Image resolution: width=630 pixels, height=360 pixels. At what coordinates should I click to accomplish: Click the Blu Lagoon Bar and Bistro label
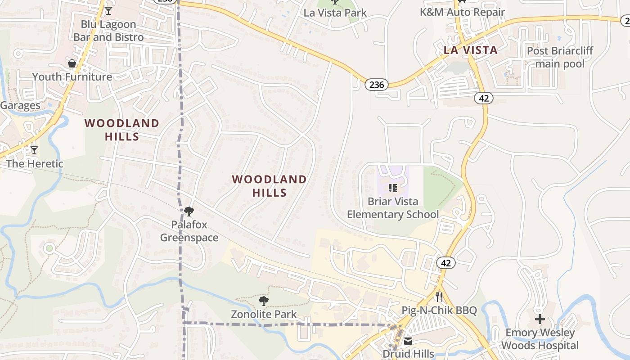point(108,31)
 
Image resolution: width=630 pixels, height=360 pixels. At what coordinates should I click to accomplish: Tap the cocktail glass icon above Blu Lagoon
point(108,10)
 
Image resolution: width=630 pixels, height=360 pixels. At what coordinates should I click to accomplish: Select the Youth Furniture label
point(72,76)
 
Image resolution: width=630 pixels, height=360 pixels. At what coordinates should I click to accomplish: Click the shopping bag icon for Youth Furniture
point(72,63)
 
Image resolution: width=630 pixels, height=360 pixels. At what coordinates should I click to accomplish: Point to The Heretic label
point(35,163)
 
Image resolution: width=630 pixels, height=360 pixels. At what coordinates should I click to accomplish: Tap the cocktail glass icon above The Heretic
point(34,150)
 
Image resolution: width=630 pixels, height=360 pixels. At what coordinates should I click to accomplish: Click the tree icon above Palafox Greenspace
point(189,211)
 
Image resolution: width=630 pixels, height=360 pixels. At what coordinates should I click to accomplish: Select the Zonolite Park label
point(264,314)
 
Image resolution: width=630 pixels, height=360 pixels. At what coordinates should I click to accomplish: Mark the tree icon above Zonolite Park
point(264,301)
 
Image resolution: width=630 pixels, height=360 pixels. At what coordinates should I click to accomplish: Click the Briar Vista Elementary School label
point(393,208)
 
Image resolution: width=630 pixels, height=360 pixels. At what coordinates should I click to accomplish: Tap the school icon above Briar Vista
point(393,188)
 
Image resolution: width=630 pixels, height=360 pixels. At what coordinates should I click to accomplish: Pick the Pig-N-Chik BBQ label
point(439,311)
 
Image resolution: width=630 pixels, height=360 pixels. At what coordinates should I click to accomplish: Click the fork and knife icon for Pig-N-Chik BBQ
point(439,297)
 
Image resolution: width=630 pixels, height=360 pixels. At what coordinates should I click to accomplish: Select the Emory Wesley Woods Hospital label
point(540,339)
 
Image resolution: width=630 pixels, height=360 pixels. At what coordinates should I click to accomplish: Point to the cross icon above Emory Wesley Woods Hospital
point(540,319)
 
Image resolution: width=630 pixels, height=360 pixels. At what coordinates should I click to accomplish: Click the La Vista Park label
point(335,13)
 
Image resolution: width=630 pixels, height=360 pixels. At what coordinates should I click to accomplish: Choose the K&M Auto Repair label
point(463,12)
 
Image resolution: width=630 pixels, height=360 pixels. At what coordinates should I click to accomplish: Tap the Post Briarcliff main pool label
point(560,57)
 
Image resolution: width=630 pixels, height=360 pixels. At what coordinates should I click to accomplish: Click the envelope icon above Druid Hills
point(408,341)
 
